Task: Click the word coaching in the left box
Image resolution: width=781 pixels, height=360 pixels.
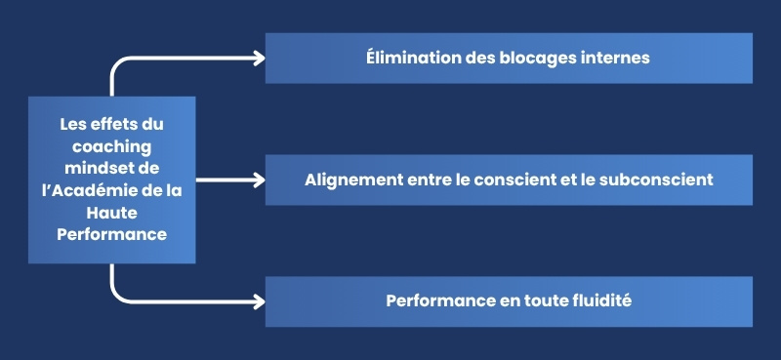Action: [111, 145]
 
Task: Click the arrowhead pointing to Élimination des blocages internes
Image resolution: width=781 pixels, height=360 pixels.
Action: [258, 58]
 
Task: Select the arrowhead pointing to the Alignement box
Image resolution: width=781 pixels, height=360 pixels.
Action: [258, 180]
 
